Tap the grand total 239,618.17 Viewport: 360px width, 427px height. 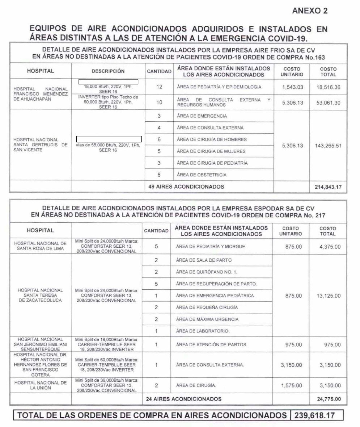(317, 415)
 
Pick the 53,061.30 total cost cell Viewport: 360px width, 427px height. (328, 102)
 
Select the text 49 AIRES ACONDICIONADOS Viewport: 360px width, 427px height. (186, 187)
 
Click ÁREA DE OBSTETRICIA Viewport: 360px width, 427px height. (202, 175)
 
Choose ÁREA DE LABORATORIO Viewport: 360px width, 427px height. (203, 331)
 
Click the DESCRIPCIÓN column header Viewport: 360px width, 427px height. (108, 71)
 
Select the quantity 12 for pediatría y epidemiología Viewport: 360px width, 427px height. (159, 87)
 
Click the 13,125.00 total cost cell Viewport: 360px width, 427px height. (328, 296)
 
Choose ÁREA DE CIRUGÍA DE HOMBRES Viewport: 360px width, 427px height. (212, 139)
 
